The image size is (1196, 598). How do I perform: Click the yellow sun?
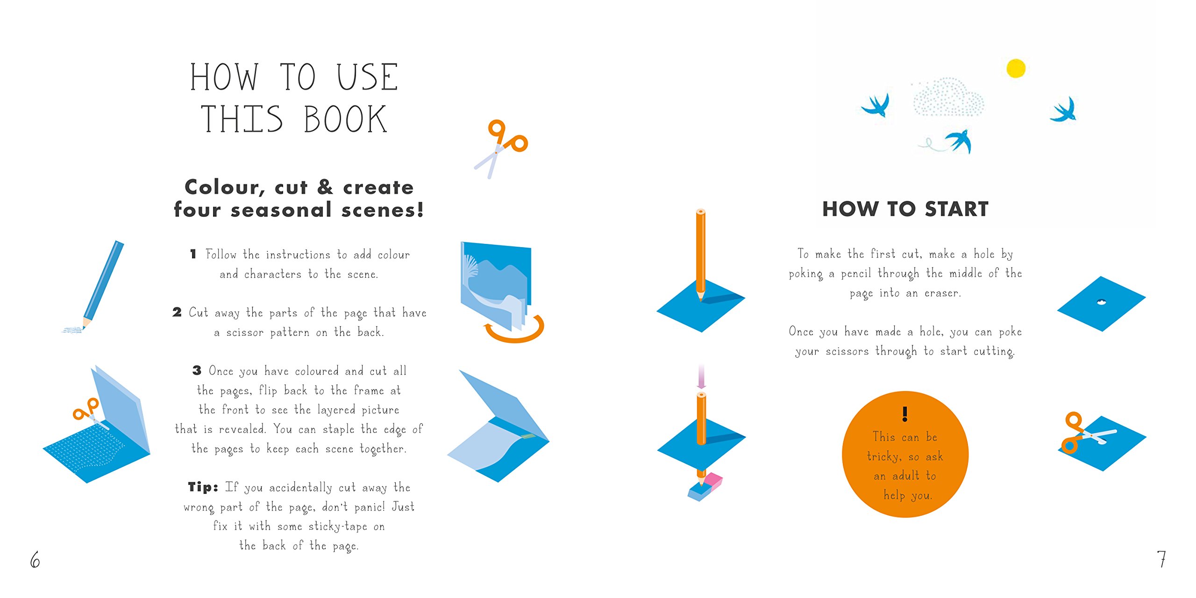pos(1016,69)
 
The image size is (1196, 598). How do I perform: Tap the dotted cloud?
pos(948,97)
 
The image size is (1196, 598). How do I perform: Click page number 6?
pos(35,559)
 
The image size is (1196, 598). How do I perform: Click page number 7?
pos(1161,559)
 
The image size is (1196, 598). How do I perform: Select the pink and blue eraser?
pos(705,487)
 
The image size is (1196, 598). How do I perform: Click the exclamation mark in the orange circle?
pos(905,413)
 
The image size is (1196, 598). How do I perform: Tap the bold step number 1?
pos(193,254)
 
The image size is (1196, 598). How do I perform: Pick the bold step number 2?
pos(177,312)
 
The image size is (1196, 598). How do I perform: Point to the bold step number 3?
pos(197,370)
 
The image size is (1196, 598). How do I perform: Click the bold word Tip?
pos(203,487)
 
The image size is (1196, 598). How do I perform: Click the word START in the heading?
pos(956,209)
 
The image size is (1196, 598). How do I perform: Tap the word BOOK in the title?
pos(345,120)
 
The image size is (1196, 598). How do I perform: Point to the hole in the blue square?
pos(1101,302)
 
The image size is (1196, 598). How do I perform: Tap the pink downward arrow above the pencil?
pos(701,377)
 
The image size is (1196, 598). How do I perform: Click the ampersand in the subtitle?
pos(325,187)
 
